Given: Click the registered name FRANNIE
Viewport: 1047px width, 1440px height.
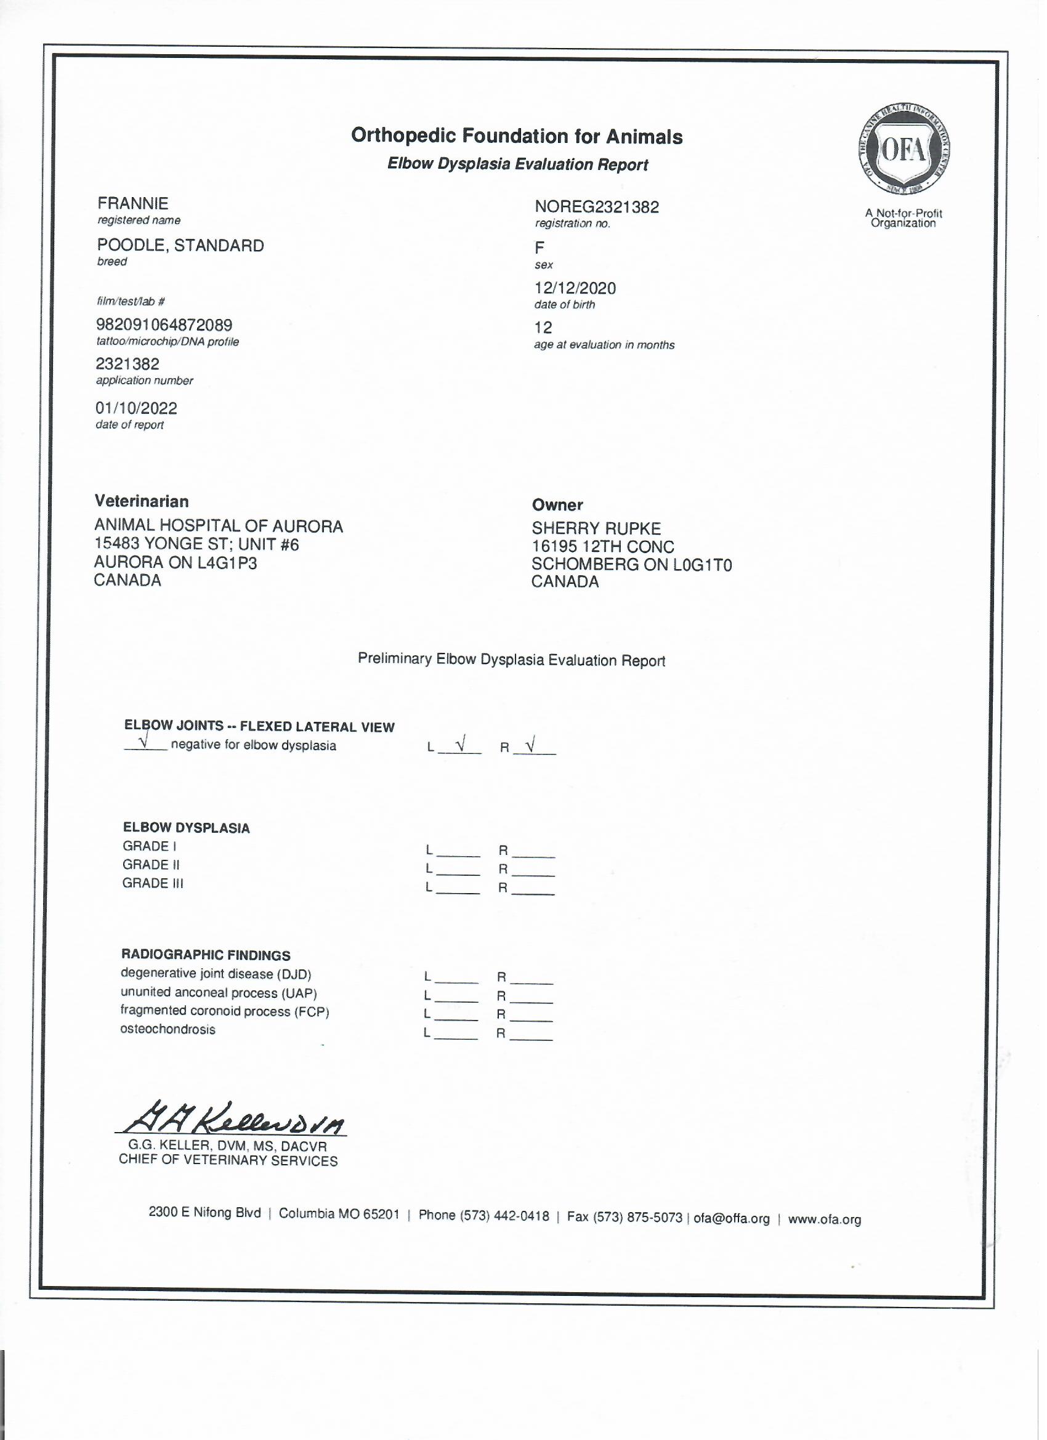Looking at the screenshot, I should click(132, 203).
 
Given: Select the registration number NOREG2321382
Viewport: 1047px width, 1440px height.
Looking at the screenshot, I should click(597, 207).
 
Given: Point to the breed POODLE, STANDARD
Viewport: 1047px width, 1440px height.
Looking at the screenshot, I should click(180, 246).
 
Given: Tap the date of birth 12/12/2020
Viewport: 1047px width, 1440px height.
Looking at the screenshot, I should click(575, 288).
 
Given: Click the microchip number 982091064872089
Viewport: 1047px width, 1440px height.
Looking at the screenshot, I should click(164, 325).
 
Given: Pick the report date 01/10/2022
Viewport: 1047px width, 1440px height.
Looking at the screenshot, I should click(137, 408).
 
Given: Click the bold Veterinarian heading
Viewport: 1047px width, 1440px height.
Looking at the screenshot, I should click(142, 501).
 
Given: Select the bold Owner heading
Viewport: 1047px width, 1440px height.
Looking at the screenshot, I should click(557, 506).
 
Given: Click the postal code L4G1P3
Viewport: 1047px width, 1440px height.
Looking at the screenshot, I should click(227, 563).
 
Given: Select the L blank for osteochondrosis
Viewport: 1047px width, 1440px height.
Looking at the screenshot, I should click(457, 1035).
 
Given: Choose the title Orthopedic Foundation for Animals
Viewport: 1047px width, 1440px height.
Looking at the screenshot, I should click(517, 137).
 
